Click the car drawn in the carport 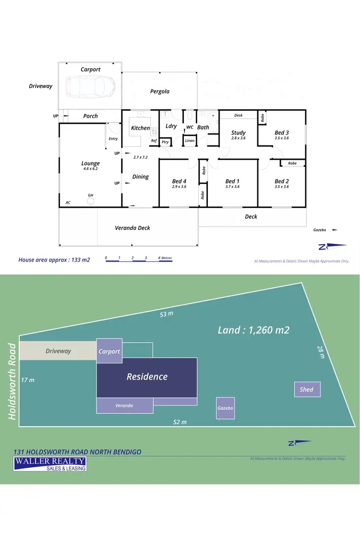pyautogui.click(x=90, y=86)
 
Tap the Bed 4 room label pyautogui.click(x=179, y=181)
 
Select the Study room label pyautogui.click(x=238, y=133)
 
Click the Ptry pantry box pyautogui.click(x=165, y=142)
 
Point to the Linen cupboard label pyautogui.click(x=190, y=141)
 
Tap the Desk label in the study pyautogui.click(x=239, y=115)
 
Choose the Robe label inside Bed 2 pyautogui.click(x=292, y=163)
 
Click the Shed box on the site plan pyautogui.click(x=307, y=389)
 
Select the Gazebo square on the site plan pyautogui.click(x=225, y=408)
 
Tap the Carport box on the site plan pyautogui.click(x=109, y=351)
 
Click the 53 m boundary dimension pyautogui.click(x=167, y=314)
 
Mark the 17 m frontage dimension pyautogui.click(x=28, y=380)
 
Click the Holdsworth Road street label pyautogui.click(x=12, y=381)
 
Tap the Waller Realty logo pyautogui.click(x=50, y=464)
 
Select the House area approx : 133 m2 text pyautogui.click(x=54, y=260)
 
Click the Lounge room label pyautogui.click(x=90, y=164)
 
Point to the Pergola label pyautogui.click(x=160, y=91)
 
